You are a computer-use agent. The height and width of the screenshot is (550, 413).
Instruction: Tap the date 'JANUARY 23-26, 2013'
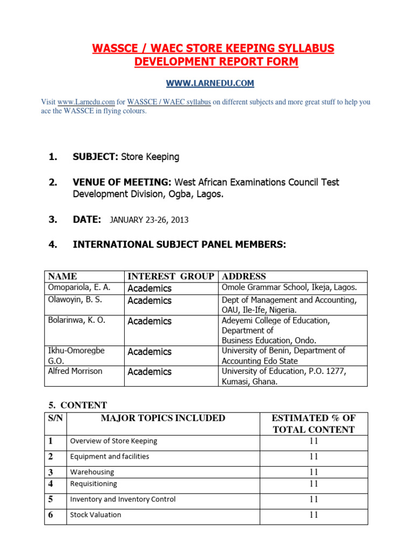click(x=149, y=220)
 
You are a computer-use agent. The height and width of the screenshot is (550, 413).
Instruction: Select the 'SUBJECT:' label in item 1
click(x=95, y=157)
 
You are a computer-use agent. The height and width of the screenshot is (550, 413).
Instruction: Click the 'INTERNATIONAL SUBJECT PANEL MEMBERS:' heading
click(x=179, y=245)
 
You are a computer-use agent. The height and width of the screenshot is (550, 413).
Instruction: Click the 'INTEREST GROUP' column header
click(x=170, y=277)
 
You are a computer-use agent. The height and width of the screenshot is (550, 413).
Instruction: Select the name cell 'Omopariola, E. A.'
click(x=79, y=288)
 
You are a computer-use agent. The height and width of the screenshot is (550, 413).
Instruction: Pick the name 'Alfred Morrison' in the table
click(x=75, y=371)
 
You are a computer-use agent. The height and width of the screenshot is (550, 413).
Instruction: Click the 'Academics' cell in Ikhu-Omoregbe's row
click(x=149, y=352)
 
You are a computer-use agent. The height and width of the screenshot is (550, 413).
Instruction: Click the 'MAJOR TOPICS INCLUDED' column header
click(x=163, y=418)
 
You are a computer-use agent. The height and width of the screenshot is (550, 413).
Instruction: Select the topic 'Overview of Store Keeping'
click(x=113, y=441)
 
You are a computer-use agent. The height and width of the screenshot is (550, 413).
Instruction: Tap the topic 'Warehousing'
click(x=92, y=472)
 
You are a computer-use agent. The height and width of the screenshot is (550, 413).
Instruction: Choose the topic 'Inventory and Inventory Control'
click(x=123, y=500)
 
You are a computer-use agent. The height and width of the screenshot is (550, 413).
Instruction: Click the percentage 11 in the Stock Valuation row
click(x=314, y=515)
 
